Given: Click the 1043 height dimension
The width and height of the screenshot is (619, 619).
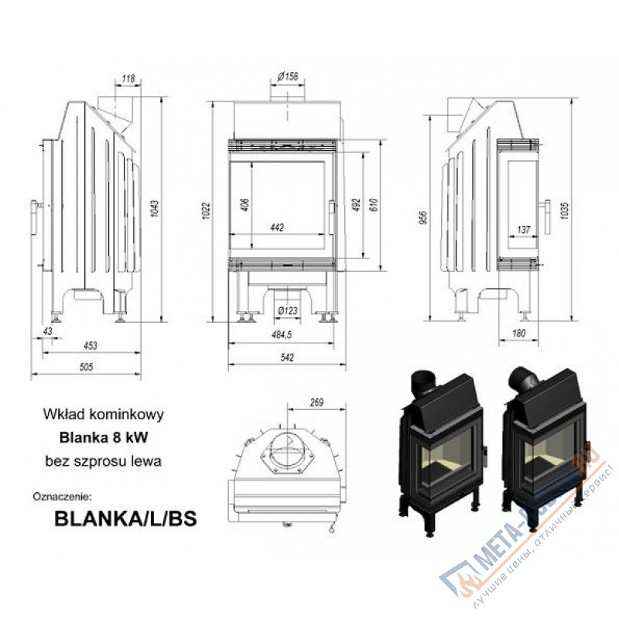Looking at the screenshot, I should click(x=154, y=208).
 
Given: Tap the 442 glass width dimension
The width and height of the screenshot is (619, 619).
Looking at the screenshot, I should click(x=278, y=227).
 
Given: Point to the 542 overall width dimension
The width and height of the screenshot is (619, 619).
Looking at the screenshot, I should click(x=287, y=357).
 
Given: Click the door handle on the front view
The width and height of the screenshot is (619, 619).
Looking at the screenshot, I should click(x=333, y=210).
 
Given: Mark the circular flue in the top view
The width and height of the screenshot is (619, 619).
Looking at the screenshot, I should click(x=291, y=450).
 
